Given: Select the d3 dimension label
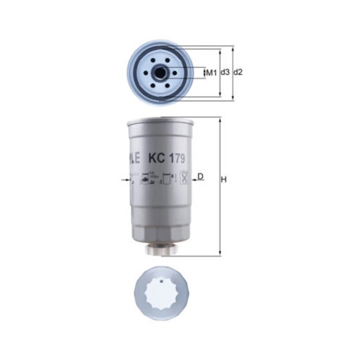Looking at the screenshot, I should click(225, 72).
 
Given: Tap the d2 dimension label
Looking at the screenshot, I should click(238, 72).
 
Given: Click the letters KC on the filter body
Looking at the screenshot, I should click(154, 159).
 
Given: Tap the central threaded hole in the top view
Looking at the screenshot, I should click(160, 73).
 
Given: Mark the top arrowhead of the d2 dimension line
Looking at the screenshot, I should click(233, 49).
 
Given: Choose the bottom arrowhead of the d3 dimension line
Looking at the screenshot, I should click(220, 94).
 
